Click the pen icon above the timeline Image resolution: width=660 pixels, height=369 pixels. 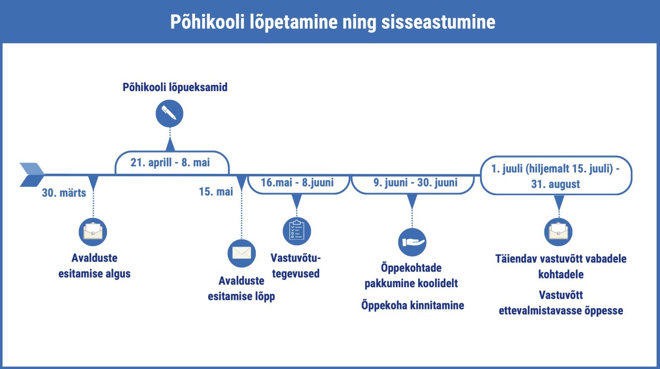pyautogui.click(x=169, y=113)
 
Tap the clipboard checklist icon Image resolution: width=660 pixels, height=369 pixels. pyautogui.click(x=297, y=231)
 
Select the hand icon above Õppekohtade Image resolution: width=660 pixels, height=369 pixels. pyautogui.click(x=412, y=242)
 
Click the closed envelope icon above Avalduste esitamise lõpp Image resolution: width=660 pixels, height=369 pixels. pyautogui.click(x=242, y=253)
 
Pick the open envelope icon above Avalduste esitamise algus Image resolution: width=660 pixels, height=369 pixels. pyautogui.click(x=93, y=232)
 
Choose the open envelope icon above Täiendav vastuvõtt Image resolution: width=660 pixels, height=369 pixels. pyautogui.click(x=558, y=232)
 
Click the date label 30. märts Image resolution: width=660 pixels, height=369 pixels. pyautogui.click(x=64, y=193)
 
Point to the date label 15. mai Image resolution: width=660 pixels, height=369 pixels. pyautogui.click(x=216, y=192)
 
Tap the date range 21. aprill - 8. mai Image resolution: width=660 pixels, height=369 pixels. pyautogui.click(x=170, y=162)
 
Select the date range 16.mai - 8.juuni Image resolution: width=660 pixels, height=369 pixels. pyautogui.click(x=297, y=183)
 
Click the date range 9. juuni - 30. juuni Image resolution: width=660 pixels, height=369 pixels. pyautogui.click(x=415, y=183)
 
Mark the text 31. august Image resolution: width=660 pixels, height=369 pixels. pyautogui.click(x=555, y=184)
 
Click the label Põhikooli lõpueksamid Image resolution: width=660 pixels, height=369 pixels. pyautogui.click(x=175, y=88)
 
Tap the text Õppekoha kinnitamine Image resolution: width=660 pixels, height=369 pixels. pyautogui.click(x=412, y=306)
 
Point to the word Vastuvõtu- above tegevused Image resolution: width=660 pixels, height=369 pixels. pyautogui.click(x=295, y=258)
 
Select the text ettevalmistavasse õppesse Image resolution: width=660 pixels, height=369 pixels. pyautogui.click(x=561, y=311)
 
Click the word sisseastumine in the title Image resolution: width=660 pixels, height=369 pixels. pyautogui.click(x=439, y=22)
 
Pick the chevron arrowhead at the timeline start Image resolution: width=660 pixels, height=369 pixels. pyautogui.click(x=32, y=175)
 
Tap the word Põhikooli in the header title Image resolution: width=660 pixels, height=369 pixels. pyautogui.click(x=208, y=22)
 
